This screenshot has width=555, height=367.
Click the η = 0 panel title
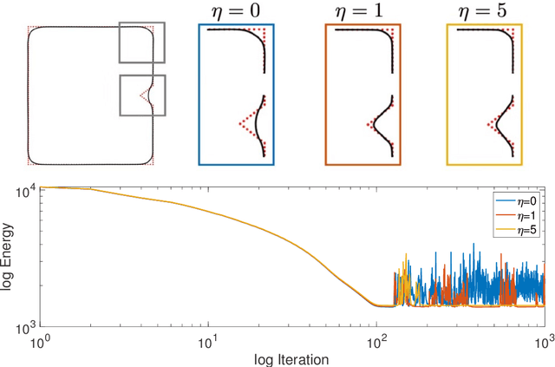[x=236, y=11]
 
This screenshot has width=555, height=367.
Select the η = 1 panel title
[x=360, y=11]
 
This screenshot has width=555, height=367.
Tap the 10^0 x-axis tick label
[x=41, y=344]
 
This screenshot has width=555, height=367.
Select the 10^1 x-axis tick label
[x=208, y=344]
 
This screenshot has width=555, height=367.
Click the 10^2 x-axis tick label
[x=376, y=344]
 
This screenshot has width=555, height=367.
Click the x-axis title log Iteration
[x=291, y=358]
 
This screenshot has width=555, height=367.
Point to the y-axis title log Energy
[x=8, y=260]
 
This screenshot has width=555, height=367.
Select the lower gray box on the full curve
[x=141, y=95]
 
